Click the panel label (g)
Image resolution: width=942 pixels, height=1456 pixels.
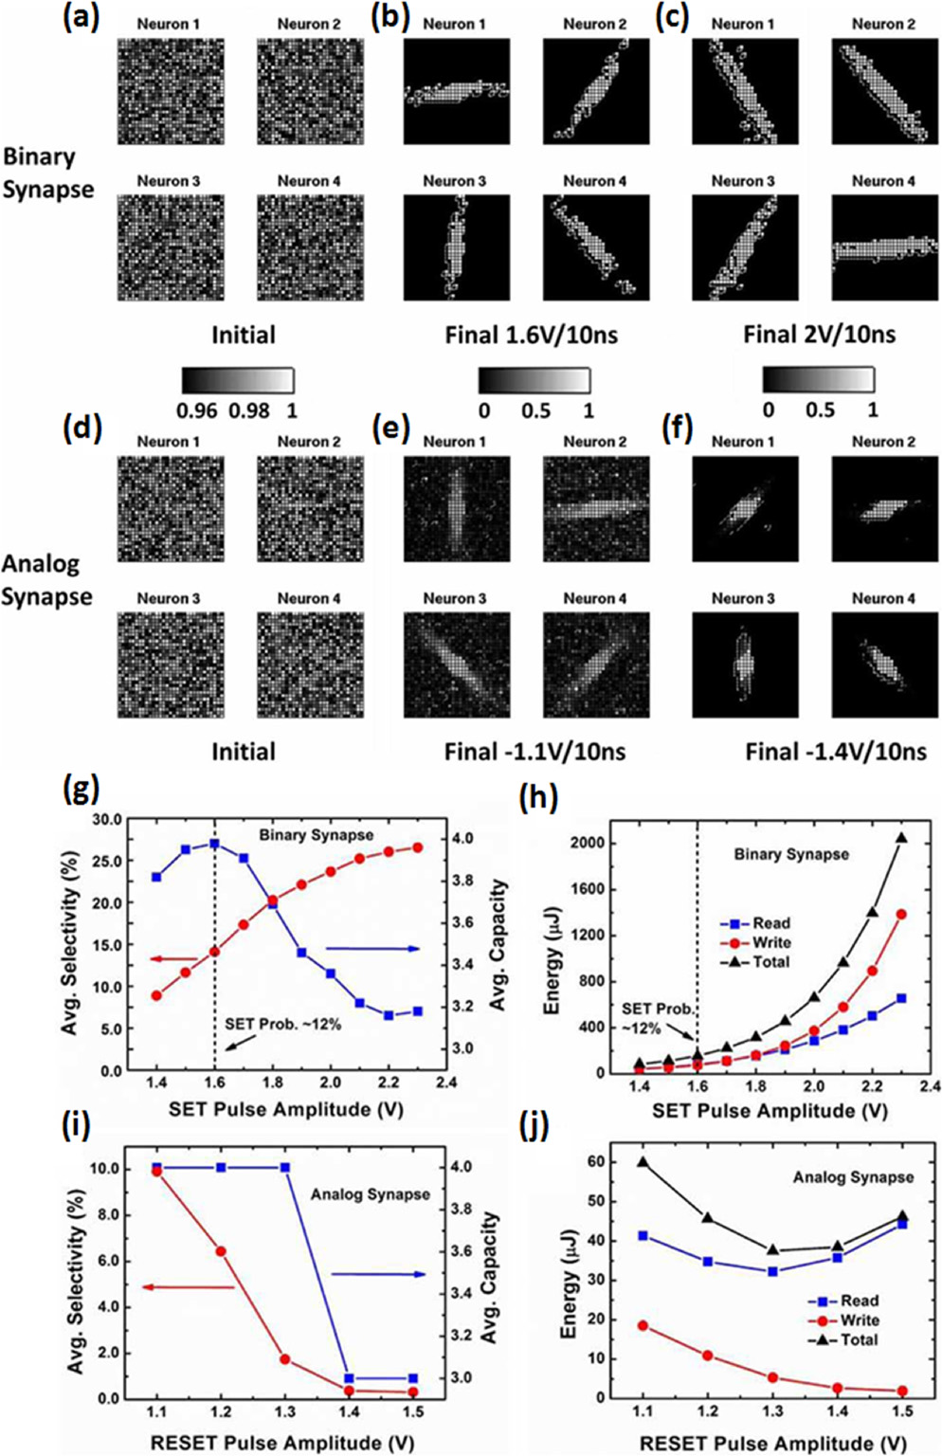(81, 789)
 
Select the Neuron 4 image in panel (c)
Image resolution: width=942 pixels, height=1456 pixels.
(884, 247)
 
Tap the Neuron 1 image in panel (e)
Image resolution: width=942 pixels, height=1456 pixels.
(457, 508)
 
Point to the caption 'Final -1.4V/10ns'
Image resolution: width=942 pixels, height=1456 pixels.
(836, 752)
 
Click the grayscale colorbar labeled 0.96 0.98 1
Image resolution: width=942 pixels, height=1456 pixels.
(238, 380)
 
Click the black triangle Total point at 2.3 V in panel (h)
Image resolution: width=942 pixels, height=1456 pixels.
(901, 838)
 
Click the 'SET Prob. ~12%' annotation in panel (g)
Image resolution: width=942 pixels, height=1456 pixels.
(282, 1025)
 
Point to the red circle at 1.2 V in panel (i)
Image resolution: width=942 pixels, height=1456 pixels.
(221, 1252)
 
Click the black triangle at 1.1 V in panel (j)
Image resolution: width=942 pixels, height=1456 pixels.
(643, 1162)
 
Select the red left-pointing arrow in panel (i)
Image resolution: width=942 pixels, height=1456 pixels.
(189, 1286)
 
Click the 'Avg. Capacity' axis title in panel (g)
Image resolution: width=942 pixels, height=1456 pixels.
(498, 944)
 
